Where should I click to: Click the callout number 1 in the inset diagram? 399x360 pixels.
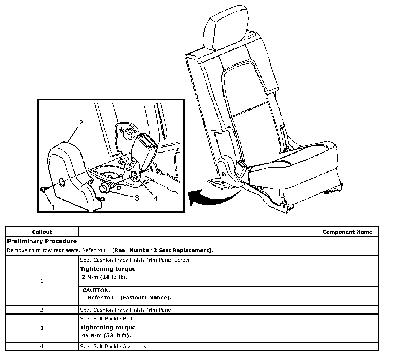[x=53, y=207]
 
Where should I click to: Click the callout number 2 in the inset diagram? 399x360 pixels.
[x=81, y=123]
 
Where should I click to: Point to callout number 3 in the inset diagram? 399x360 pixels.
[x=137, y=198]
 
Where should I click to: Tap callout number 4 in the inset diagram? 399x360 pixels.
[x=156, y=198]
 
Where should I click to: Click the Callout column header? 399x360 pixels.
[x=42, y=232]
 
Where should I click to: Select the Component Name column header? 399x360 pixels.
[x=347, y=232]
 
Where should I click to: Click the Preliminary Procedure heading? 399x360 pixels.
[x=42, y=241]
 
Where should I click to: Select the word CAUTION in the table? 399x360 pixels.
[x=96, y=290]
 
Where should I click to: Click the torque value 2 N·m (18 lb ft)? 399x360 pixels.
[x=104, y=277]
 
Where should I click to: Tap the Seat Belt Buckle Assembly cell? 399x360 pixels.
[x=113, y=346]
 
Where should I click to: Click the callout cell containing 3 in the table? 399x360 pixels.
[x=42, y=328]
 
